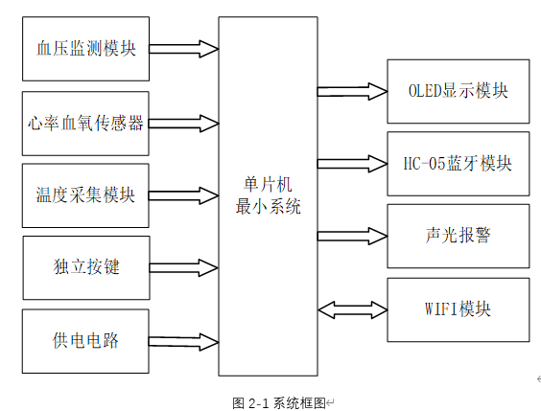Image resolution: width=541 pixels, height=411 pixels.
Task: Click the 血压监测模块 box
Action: click(x=85, y=48)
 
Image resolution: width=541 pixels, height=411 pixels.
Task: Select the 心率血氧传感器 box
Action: click(x=85, y=123)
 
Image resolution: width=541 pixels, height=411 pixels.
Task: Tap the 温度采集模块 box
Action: click(x=85, y=194)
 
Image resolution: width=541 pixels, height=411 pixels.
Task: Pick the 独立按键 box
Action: click(x=86, y=267)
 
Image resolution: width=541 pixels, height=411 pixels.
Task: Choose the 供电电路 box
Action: click(x=85, y=340)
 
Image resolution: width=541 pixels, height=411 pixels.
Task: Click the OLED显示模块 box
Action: click(x=458, y=91)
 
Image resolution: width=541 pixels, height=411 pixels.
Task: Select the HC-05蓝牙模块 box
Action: click(x=458, y=163)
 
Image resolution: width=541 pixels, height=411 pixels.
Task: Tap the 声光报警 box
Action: click(x=458, y=236)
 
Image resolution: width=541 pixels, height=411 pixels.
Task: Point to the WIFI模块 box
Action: click(x=458, y=309)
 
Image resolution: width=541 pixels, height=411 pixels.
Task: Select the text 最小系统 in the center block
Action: click(x=268, y=206)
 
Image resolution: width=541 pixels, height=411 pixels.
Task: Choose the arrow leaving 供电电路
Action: click(x=184, y=340)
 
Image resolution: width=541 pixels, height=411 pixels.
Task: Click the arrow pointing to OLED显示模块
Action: click(x=351, y=91)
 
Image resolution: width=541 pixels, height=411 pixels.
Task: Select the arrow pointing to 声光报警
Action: click(x=351, y=235)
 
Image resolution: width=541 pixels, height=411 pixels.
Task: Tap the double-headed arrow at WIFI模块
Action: click(x=351, y=308)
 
